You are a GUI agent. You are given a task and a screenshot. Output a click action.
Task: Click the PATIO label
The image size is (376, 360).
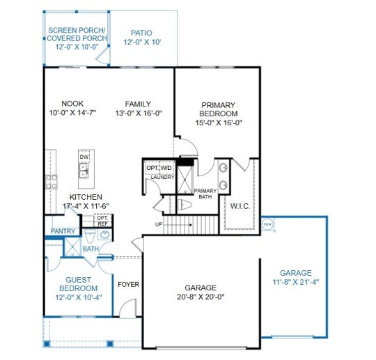click(x=141, y=33)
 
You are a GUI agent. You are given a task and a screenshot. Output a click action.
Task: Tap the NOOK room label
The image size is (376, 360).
click(x=72, y=104)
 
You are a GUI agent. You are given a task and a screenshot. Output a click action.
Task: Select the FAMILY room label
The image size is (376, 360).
click(x=138, y=104)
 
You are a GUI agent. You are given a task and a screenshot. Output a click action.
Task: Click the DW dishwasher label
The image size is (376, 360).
click(x=84, y=157)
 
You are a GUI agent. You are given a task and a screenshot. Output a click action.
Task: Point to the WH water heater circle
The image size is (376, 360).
click(x=267, y=224)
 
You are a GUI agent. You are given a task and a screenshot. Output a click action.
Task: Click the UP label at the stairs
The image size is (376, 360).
click(x=159, y=224)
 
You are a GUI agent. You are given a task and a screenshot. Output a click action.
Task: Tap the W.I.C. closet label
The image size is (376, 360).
click(x=240, y=206)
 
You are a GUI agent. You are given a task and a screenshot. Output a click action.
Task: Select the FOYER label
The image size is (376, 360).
click(x=129, y=285)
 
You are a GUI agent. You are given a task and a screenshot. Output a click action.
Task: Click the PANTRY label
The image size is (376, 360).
click(x=63, y=231)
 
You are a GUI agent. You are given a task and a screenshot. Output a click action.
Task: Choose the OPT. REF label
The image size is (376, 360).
click(x=103, y=221)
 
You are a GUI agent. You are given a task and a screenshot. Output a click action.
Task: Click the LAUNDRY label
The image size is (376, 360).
click(x=162, y=177)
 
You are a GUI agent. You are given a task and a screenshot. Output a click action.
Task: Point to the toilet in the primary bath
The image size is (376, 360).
click(x=185, y=205)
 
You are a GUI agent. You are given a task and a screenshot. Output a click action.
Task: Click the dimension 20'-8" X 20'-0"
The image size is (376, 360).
click(x=201, y=297)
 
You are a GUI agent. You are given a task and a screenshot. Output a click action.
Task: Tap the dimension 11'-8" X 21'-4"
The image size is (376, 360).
click(x=296, y=282)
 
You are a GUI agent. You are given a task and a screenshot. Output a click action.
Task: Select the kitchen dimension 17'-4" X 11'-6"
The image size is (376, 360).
click(x=86, y=206)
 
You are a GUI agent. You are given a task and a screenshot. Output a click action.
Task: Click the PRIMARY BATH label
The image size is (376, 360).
click(x=205, y=194)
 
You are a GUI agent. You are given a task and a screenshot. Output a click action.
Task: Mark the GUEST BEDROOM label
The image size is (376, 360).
click(x=79, y=284)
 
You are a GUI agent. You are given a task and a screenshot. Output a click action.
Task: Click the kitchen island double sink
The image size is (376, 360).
click(x=84, y=171)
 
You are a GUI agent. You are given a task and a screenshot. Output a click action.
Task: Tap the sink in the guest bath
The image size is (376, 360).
click(x=104, y=235)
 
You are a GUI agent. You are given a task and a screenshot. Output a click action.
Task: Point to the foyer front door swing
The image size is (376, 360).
click(x=127, y=304)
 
